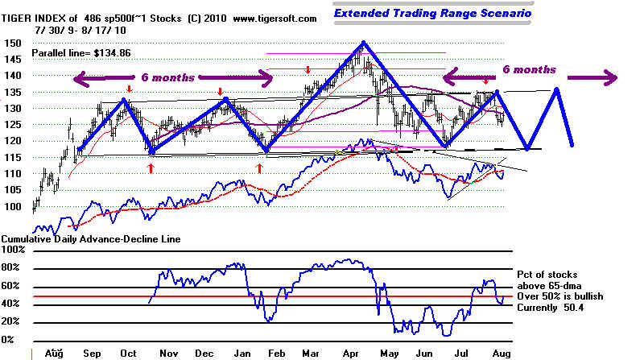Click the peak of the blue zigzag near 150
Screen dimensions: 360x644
click(x=364, y=43)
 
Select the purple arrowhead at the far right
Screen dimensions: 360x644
click(x=612, y=77)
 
